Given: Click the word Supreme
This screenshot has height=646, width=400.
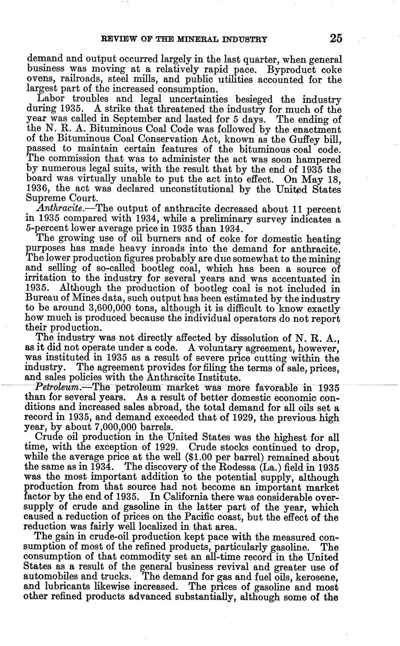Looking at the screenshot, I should pyautogui.click(x=43, y=198).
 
